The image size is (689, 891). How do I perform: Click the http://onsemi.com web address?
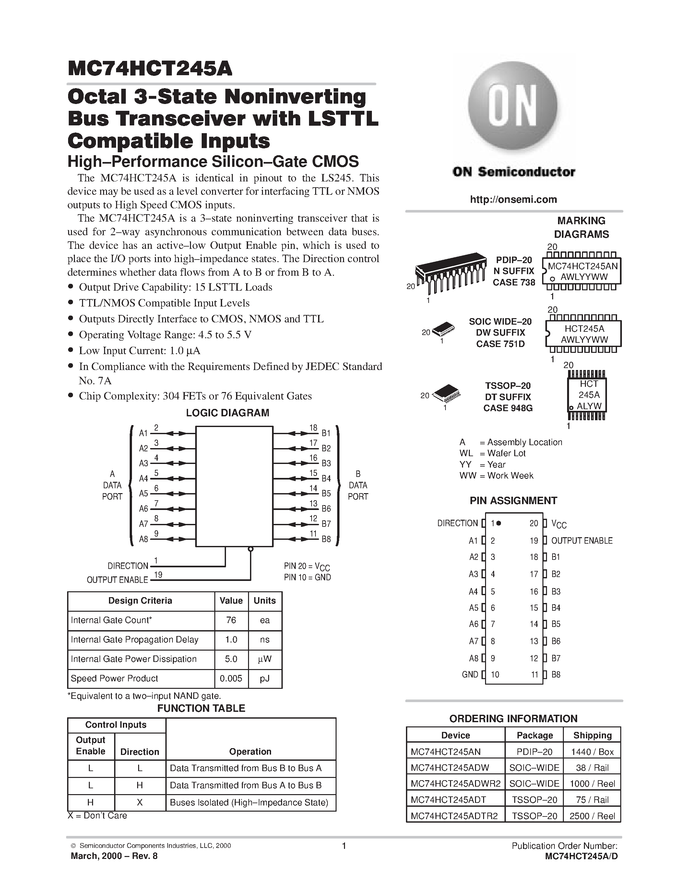[513, 200]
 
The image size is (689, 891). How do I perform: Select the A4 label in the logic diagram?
[143, 479]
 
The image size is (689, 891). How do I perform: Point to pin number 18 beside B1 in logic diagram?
[313, 428]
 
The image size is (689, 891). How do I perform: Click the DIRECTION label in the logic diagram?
[128, 566]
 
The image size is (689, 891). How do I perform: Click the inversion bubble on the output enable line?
[251, 549]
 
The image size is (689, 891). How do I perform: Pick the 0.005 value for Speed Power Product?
[231, 678]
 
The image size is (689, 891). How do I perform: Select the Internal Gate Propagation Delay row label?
[134, 640]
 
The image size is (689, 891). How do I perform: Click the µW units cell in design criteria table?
[265, 659]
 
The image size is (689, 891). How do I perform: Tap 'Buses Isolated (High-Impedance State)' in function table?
[249, 803]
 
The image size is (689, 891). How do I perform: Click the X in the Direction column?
[140, 803]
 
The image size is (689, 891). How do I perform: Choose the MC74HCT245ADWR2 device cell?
[455, 783]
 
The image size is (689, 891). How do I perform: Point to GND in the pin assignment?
[470, 674]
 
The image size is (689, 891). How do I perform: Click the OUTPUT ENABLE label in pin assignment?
[582, 540]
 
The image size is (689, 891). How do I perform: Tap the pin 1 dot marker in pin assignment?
[499, 523]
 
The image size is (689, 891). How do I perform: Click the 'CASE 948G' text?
[508, 408]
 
